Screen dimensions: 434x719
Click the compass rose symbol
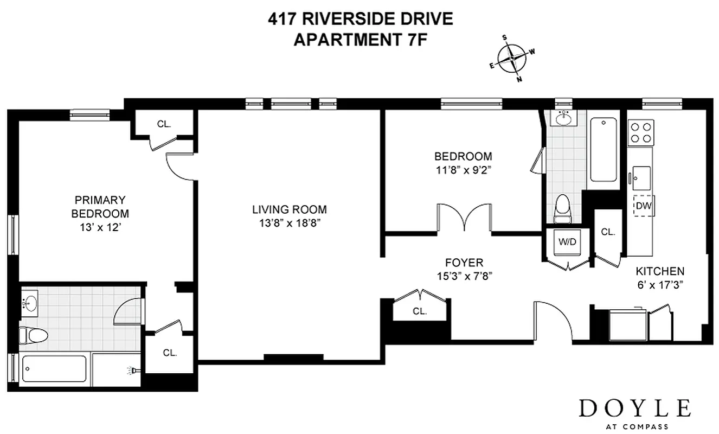point(512,58)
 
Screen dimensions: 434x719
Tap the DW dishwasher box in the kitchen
point(643,206)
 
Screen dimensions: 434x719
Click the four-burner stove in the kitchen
point(641,132)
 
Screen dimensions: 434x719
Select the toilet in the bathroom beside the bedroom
point(563,208)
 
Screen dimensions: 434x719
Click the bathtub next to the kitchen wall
point(603,149)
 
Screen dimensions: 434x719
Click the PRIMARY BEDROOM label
point(100,206)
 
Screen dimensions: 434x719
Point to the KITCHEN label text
point(659,271)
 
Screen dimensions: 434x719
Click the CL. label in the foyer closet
point(420,312)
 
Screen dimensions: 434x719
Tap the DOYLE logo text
point(635,407)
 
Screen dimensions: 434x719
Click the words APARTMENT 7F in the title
point(357,40)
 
